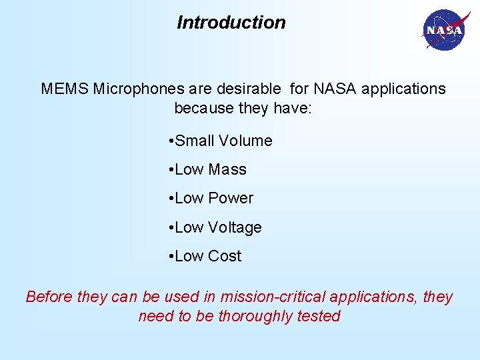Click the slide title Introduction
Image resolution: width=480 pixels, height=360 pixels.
click(231, 23)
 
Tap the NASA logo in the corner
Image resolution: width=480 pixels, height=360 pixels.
click(443, 30)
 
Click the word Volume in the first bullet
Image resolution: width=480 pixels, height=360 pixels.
click(245, 141)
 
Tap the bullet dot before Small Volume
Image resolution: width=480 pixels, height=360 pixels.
click(171, 141)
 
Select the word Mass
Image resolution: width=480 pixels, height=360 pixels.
click(227, 170)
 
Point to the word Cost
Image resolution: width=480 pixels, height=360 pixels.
click(225, 256)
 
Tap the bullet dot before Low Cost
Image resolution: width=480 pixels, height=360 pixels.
click(171, 257)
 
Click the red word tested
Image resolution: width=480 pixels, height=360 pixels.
click(319, 316)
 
